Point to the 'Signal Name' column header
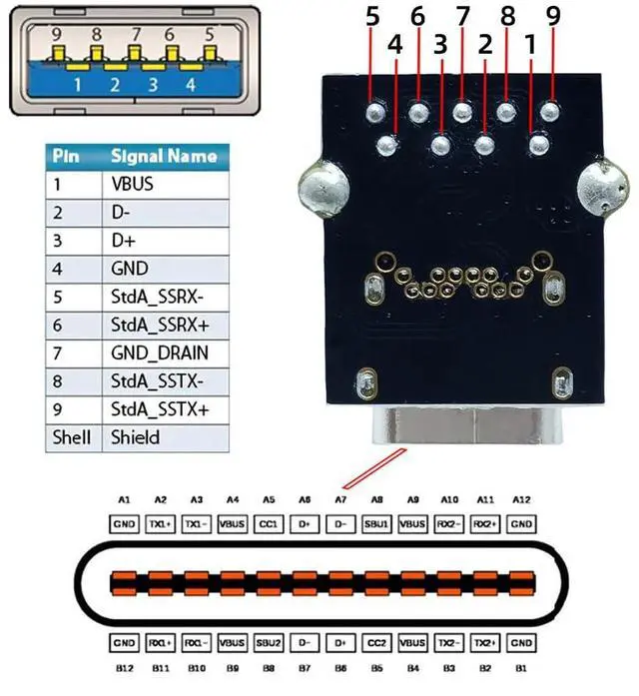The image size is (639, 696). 163,157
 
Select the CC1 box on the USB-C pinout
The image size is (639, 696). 269,523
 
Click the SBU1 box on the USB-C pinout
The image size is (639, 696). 376,523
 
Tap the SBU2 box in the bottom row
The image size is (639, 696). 269,644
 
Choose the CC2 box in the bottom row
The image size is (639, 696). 376,644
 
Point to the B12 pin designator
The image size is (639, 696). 124,666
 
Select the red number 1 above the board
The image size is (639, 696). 530,45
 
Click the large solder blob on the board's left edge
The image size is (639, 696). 319,189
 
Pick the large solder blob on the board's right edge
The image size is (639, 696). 606,186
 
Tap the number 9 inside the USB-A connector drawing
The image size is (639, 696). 57,34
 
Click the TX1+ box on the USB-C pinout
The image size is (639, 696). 161,523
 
